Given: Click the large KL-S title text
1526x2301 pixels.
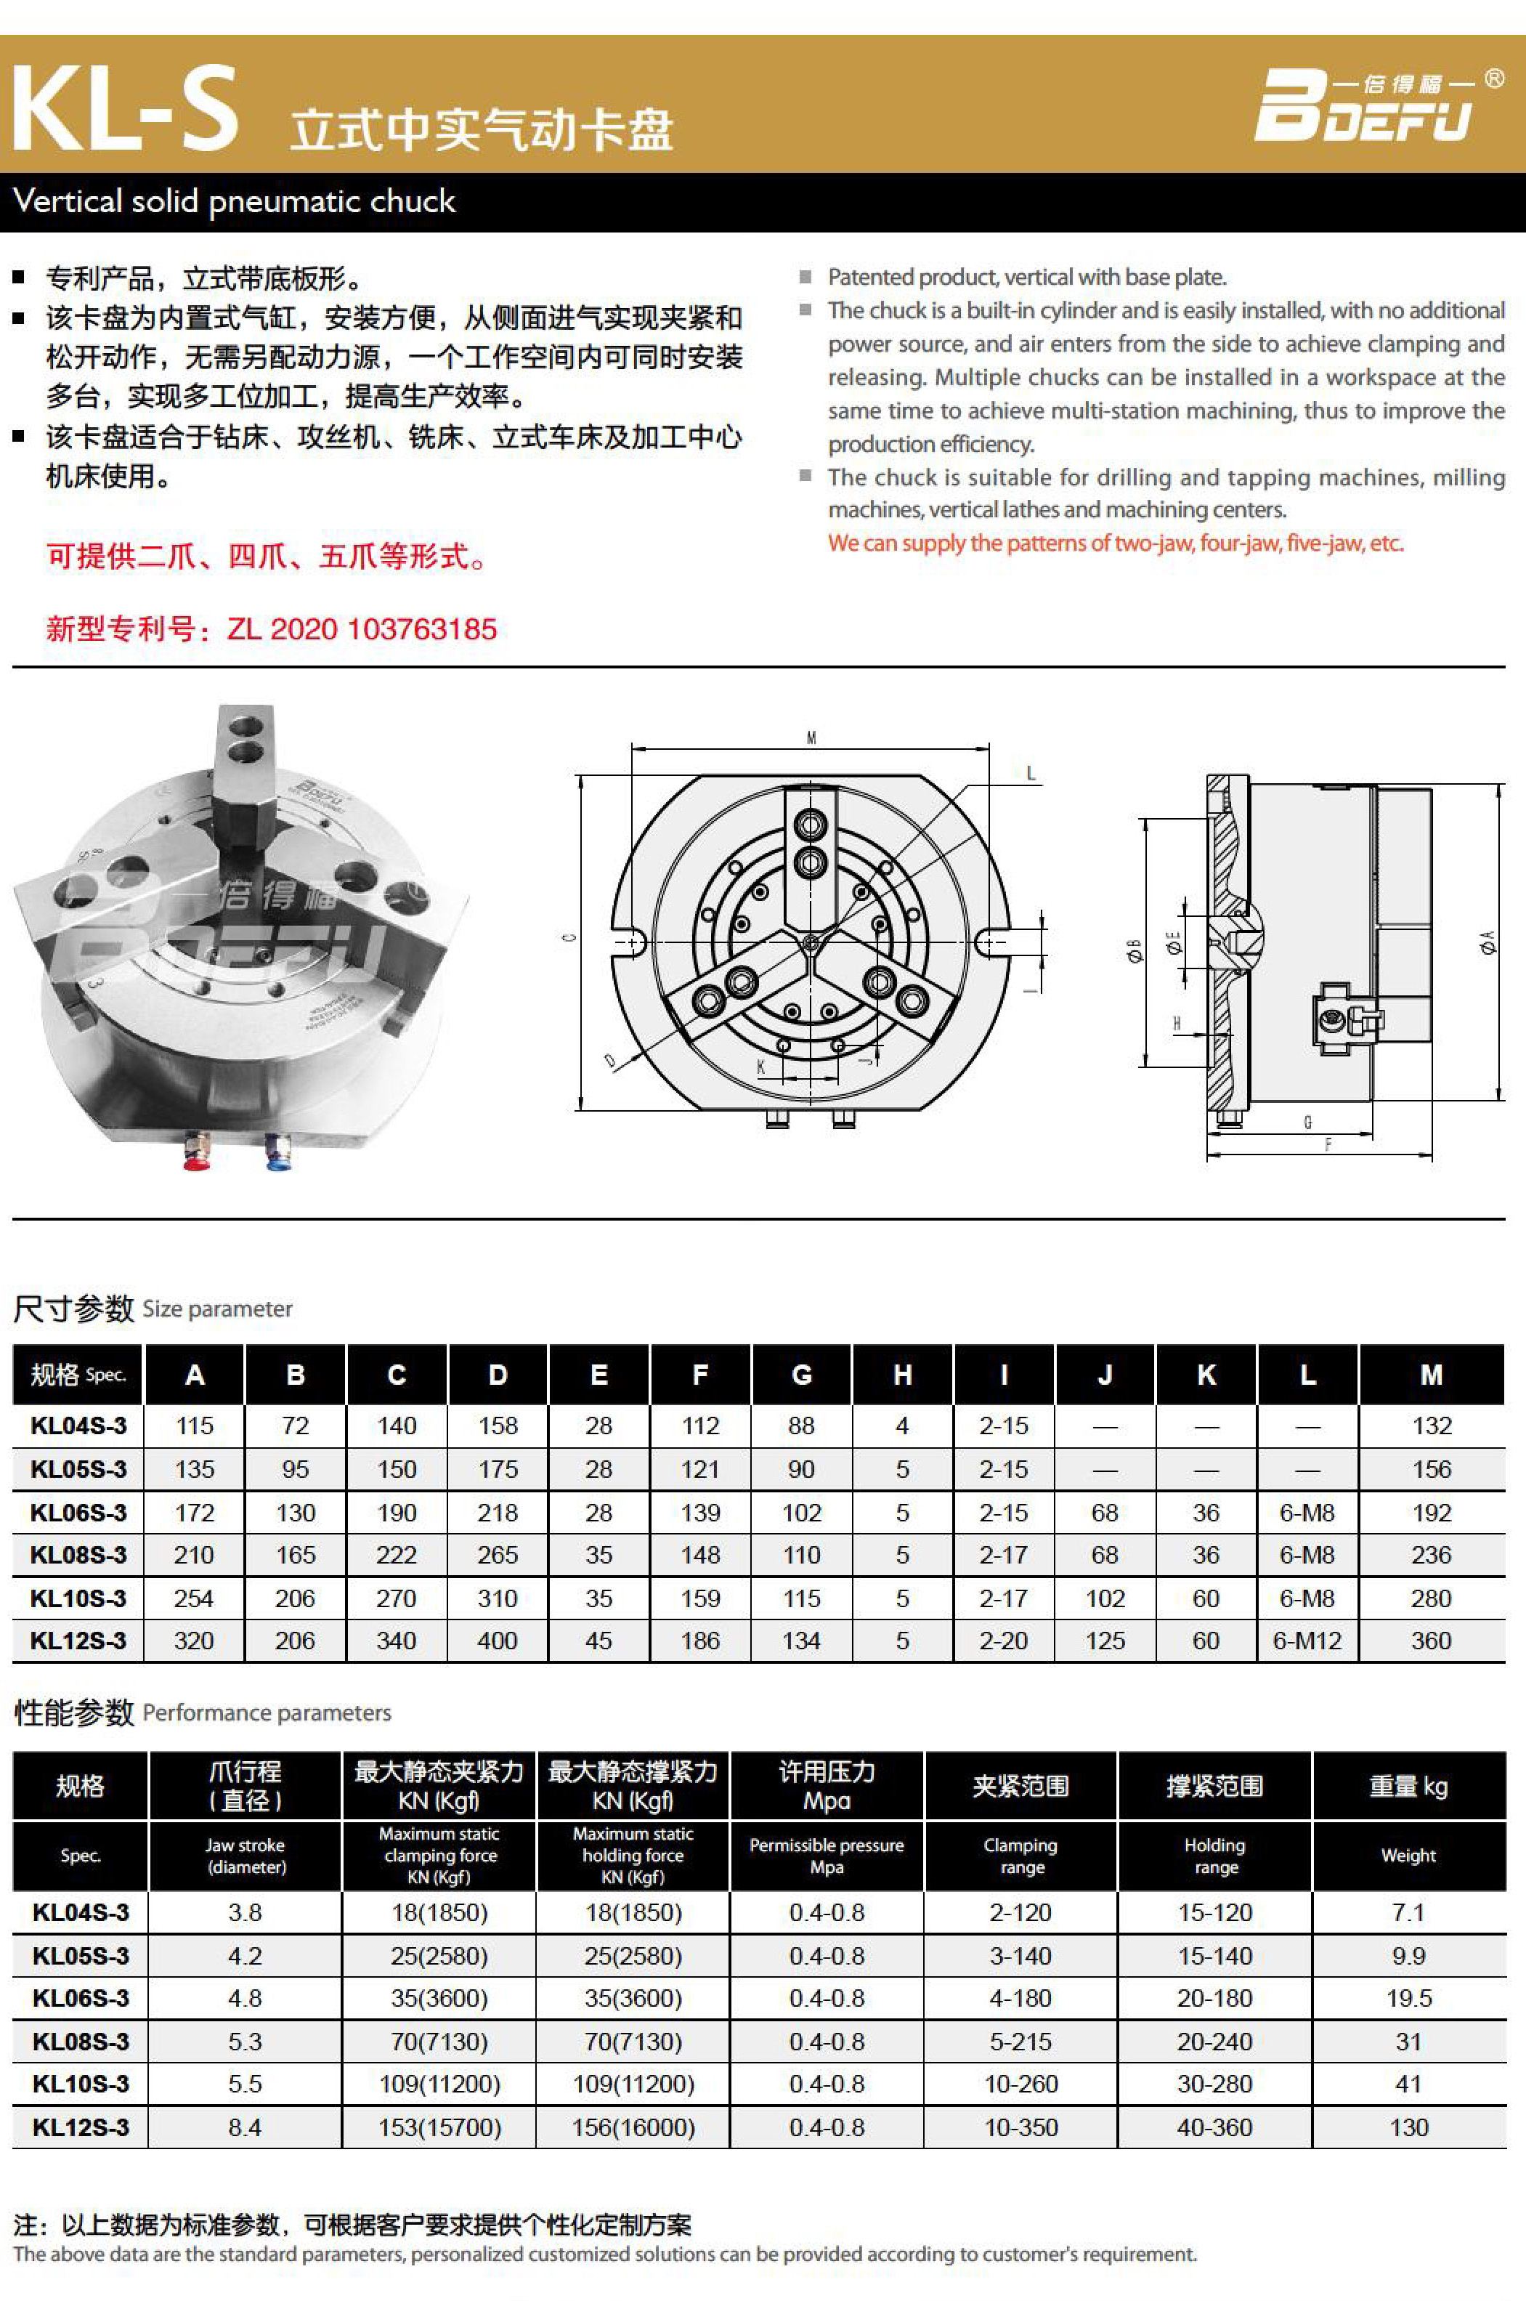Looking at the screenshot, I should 125,109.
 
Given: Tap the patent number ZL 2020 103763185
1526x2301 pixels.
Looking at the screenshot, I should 361,628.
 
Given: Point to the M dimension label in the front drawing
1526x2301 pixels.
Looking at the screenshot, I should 811,737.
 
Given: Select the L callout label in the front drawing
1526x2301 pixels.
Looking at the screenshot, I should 1031,775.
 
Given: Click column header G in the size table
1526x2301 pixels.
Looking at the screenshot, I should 801,1375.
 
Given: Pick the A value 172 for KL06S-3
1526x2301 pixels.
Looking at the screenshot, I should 194,1513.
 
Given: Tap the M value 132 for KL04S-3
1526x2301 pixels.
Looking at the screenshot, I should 1431,1426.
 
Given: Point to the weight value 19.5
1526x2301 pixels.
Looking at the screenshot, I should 1408,1998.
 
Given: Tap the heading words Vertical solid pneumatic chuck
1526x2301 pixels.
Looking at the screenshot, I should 234,201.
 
